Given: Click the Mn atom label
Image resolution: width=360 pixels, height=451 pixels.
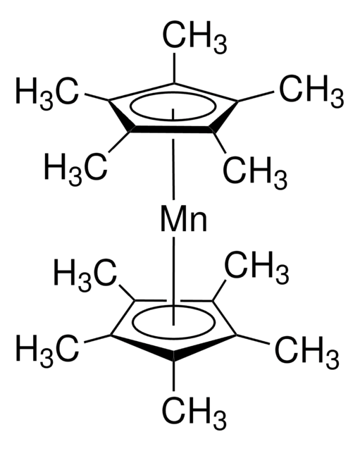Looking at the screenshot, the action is [x=183, y=218].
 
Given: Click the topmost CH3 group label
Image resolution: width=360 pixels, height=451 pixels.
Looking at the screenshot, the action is [x=194, y=39].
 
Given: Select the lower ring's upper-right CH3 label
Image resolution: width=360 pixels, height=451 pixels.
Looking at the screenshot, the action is [x=256, y=268].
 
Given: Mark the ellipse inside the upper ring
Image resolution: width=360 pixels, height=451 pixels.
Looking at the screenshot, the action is [x=173, y=94].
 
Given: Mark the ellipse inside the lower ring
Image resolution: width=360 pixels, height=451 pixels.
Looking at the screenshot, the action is [x=173, y=307].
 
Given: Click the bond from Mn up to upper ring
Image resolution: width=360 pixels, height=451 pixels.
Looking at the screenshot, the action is [x=173, y=168].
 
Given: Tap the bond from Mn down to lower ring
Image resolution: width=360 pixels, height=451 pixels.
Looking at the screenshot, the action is [x=173, y=280].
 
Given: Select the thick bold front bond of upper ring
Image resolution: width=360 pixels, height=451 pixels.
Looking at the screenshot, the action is [x=173, y=130].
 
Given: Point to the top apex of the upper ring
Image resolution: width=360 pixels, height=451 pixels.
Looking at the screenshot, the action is [x=174, y=83].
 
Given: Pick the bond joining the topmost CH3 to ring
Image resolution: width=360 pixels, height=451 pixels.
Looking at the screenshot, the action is [x=174, y=68].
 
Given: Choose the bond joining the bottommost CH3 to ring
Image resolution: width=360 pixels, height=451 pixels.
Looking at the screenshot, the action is [x=173, y=376].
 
